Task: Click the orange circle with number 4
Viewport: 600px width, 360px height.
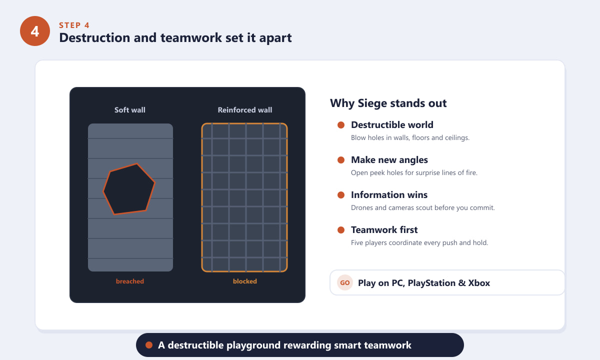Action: click(35, 31)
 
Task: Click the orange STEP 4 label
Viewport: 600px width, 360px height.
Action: click(74, 25)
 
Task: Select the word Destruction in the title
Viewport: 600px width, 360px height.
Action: click(94, 37)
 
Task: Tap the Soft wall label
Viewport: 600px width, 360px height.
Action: click(130, 110)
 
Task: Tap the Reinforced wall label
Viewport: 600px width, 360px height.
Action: click(245, 110)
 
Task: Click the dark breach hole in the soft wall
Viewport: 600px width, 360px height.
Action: click(129, 189)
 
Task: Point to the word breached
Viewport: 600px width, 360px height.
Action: click(130, 281)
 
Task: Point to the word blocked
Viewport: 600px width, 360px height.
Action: click(245, 281)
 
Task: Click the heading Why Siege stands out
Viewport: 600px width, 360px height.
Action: click(388, 103)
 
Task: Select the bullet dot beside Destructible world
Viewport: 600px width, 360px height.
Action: click(341, 125)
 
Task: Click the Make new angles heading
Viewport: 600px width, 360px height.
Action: click(389, 160)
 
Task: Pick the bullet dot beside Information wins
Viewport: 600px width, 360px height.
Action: click(341, 195)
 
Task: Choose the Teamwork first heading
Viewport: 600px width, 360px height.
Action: click(384, 230)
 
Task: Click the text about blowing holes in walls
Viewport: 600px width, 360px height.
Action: click(410, 137)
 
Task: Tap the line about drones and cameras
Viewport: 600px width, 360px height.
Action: click(422, 207)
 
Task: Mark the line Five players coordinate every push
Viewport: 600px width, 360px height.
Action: click(419, 242)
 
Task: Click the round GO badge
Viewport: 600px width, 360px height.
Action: click(345, 282)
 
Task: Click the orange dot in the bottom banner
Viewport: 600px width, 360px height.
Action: click(149, 345)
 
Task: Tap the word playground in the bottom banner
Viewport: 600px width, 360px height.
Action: click(253, 345)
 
